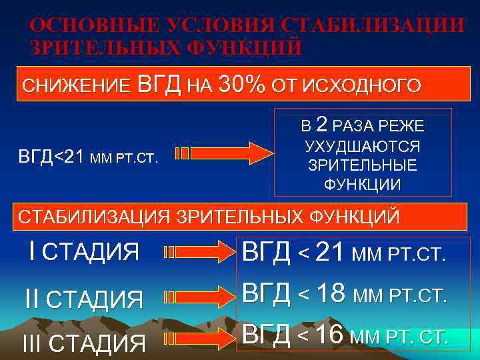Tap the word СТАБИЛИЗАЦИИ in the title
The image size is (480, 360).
point(373,26)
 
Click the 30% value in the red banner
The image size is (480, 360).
point(241,85)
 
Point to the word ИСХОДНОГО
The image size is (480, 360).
point(361,86)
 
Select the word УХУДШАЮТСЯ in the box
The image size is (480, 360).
point(362,147)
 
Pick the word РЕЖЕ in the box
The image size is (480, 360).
point(403,125)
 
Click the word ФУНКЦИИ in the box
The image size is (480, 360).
point(362,184)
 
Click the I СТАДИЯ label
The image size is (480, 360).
point(84,252)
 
